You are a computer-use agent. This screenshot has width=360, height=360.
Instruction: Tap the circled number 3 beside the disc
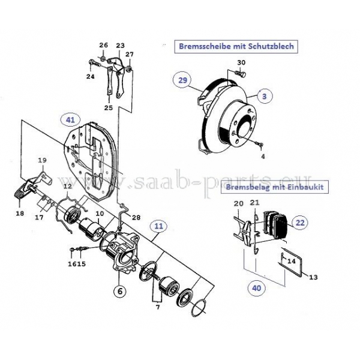point(264,94)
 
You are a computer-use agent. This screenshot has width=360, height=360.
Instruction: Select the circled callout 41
point(71,121)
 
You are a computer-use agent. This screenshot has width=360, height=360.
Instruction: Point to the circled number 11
point(158,227)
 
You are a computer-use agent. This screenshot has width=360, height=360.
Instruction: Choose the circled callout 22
point(300,222)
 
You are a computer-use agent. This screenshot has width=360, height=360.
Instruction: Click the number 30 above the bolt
point(241,62)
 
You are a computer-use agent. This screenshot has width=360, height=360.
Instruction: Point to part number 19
point(42,160)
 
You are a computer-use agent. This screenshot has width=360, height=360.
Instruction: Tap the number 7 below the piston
point(158,308)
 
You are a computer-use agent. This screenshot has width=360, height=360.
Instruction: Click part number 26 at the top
point(103,46)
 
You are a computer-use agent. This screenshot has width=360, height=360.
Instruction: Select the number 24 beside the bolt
point(91,77)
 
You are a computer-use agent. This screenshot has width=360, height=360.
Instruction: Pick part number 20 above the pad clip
point(239,203)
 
